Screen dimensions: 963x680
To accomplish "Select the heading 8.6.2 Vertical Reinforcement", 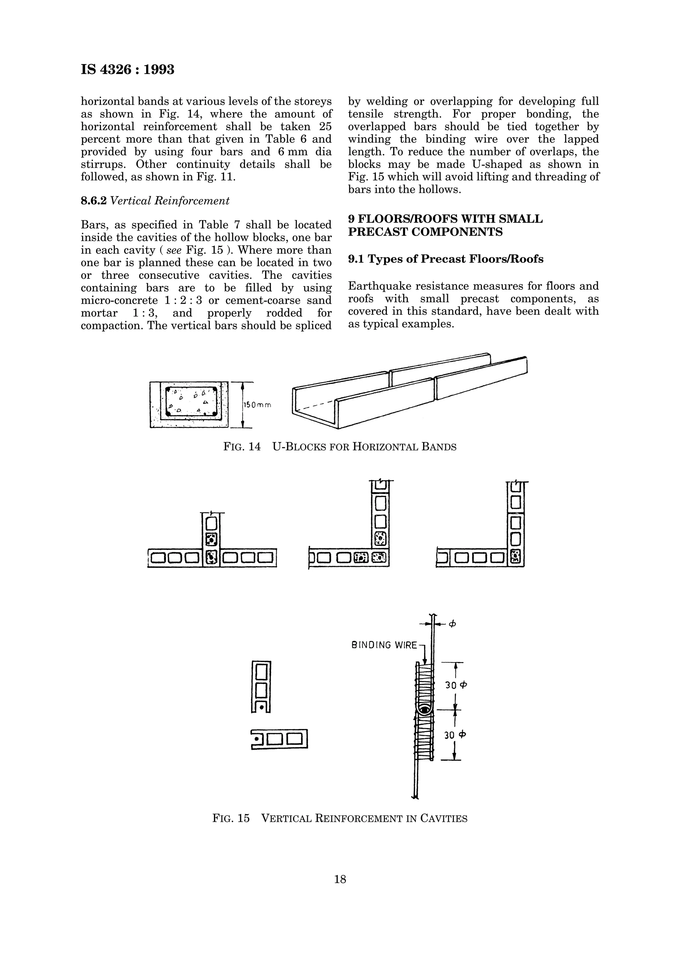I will (155, 201).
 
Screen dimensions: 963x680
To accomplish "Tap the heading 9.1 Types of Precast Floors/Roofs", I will (445, 259).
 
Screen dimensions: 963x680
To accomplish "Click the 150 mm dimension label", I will (257, 405).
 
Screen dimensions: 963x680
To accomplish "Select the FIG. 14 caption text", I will (340, 447).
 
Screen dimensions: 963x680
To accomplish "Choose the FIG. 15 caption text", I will (340, 818).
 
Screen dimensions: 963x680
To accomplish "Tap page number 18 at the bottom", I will (340, 879).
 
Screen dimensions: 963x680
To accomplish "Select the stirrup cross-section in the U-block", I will (191, 402).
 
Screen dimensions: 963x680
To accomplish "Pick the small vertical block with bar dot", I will (261, 687).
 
